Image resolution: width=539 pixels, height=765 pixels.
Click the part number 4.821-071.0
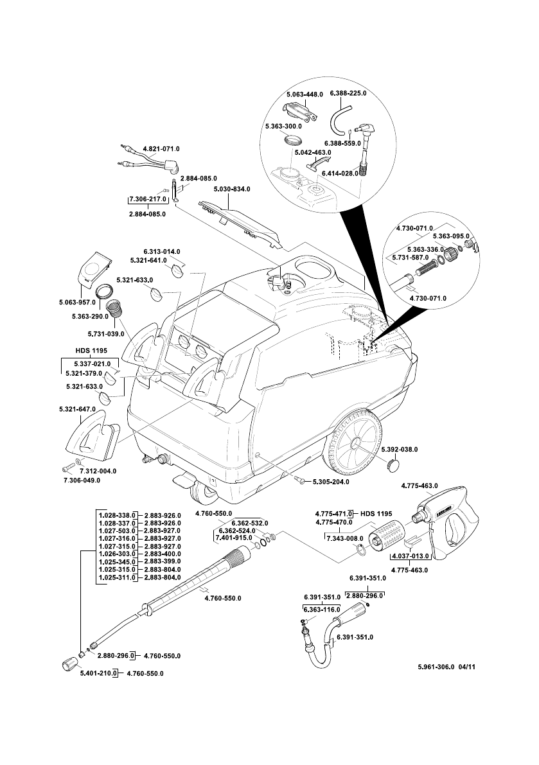pos(161,148)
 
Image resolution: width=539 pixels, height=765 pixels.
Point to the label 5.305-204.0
pos(331,482)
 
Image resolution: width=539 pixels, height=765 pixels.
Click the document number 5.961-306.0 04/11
pos(446,667)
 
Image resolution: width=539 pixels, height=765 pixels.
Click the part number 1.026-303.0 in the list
pos(116,554)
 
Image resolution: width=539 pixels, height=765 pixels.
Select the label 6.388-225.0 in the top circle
pos(348,94)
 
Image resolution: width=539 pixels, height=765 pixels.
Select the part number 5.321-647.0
pos(76,409)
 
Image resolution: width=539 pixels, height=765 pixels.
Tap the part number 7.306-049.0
pos(82,480)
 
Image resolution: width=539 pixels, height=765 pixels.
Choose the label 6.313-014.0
pos(161,251)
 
